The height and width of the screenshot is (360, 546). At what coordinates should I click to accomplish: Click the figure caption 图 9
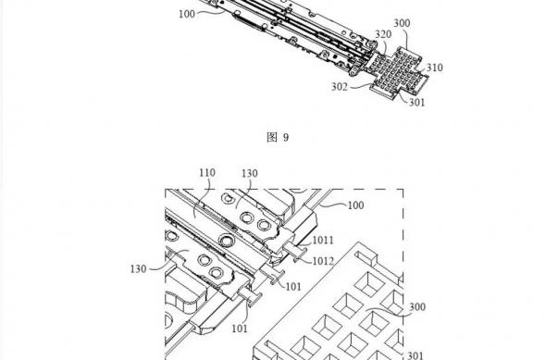[x=278, y=138]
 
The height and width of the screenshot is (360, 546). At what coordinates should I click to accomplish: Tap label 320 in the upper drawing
[x=383, y=34]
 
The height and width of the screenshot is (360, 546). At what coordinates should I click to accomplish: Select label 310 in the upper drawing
[x=435, y=68]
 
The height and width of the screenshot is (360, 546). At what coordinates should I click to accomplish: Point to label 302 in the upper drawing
[x=339, y=87]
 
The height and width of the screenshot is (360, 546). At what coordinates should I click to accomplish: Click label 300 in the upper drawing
[x=402, y=23]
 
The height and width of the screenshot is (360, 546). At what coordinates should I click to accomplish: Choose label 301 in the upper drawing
[x=416, y=103]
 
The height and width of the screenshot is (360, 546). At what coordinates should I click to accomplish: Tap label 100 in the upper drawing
[x=187, y=14]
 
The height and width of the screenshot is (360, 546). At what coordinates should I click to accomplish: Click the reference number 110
[x=207, y=173]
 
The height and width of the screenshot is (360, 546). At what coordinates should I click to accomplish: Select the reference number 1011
[x=323, y=241]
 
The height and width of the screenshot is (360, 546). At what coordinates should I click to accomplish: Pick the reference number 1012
[x=323, y=261]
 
